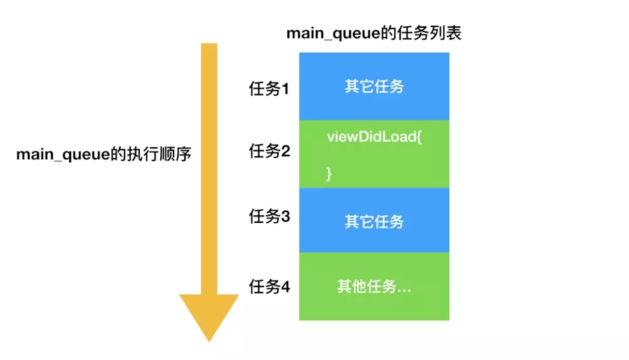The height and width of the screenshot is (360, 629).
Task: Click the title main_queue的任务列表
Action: point(374,33)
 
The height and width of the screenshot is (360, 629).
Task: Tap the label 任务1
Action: point(269,89)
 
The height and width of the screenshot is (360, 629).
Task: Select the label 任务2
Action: point(269,151)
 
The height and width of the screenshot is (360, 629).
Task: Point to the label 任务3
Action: point(269,217)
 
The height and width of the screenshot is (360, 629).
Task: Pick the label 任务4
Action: point(269,287)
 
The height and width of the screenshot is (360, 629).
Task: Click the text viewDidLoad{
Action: point(374,137)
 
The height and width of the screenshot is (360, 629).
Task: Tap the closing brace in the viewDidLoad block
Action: point(329,174)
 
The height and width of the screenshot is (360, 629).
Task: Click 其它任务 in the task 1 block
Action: point(374,86)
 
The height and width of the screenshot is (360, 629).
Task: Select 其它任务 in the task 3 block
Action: point(374,222)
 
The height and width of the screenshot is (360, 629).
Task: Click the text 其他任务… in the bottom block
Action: point(374,287)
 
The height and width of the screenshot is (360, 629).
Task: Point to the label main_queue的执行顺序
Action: point(103,154)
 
